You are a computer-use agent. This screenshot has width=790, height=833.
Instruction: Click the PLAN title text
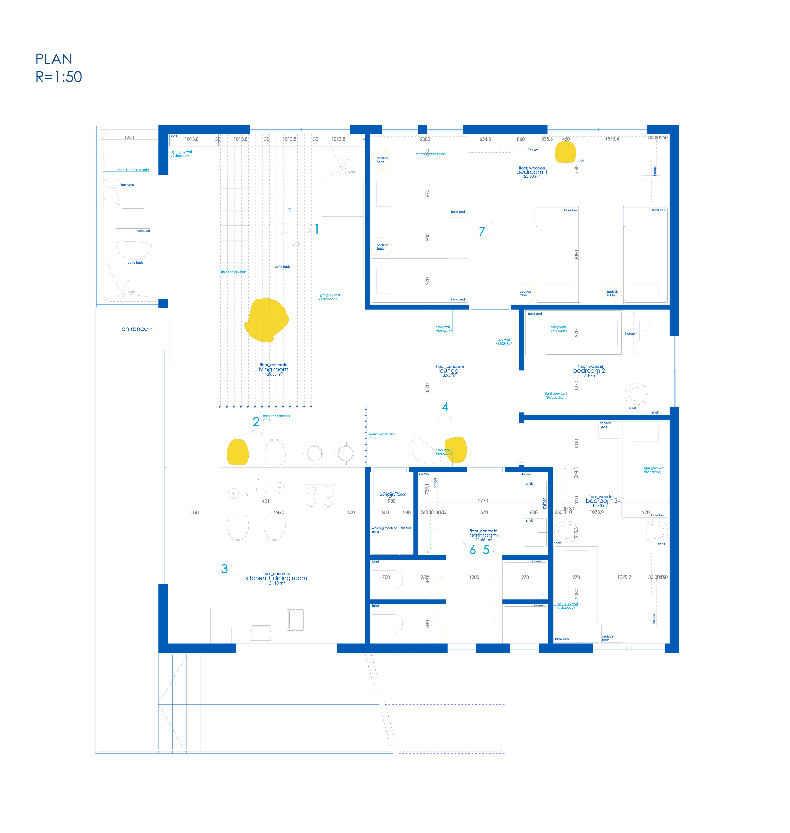(x=54, y=59)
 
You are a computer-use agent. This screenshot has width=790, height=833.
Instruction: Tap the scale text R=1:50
(x=59, y=77)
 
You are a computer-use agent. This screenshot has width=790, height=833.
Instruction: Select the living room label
(x=273, y=369)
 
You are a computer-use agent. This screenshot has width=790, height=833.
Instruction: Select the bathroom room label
(x=483, y=535)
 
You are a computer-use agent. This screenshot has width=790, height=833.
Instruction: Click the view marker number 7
(x=482, y=232)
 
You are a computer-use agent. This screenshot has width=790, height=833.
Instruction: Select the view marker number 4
(x=445, y=407)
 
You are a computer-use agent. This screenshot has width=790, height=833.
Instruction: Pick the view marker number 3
(x=224, y=569)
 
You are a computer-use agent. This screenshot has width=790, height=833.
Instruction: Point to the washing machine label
(x=384, y=528)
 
